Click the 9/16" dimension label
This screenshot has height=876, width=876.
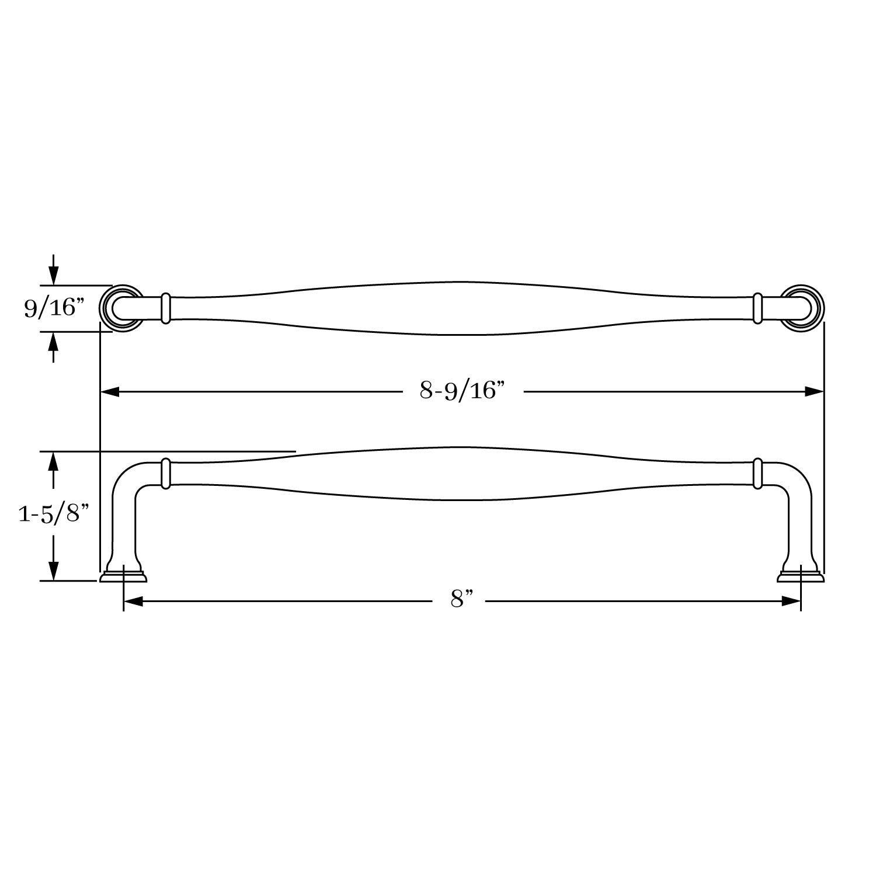(x=50, y=307)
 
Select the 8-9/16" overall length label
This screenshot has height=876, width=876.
(x=461, y=390)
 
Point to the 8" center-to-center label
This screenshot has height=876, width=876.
(x=461, y=599)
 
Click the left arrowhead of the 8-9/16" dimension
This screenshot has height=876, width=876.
(x=110, y=392)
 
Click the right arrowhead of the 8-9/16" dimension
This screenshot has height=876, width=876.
(x=814, y=392)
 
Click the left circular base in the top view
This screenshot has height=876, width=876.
(x=121, y=308)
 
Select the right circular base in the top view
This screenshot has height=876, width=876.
(x=803, y=308)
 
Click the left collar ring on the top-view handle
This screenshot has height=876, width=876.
(x=165, y=308)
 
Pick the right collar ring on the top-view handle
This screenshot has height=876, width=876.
(x=757, y=308)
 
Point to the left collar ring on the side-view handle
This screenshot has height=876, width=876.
(x=165, y=473)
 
